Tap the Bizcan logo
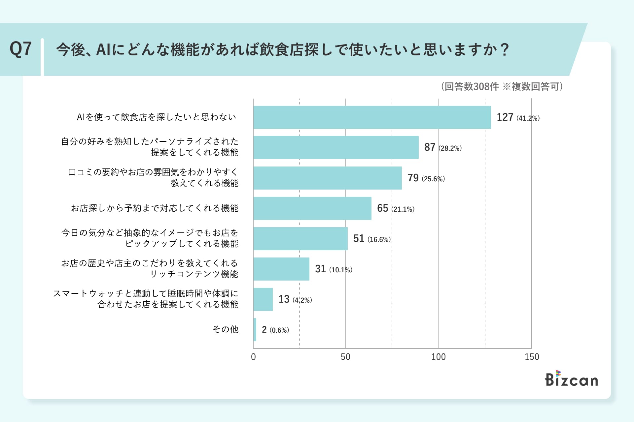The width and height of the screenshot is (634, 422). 571,379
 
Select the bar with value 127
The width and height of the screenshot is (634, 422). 372,117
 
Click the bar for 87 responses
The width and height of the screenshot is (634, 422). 336,147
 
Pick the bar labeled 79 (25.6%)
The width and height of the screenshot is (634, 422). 327,178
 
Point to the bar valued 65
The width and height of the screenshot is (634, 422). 312,208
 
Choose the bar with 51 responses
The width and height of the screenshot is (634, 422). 300,239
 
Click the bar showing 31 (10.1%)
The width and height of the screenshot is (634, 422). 281,269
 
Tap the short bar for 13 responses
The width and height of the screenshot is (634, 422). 263,299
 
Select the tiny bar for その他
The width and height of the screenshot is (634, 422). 255,330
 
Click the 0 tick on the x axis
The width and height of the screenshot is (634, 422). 253,357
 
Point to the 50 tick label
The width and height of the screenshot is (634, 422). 345,357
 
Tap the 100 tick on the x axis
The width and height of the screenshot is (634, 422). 438,357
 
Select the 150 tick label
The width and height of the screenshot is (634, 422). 532,357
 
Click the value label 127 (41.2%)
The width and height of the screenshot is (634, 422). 518,117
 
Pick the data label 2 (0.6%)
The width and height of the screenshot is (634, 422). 275,330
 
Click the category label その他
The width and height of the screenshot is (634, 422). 225,329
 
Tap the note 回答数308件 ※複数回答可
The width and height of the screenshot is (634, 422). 502,87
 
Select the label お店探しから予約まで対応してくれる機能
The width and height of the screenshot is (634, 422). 155,208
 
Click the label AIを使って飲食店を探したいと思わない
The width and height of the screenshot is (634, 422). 157,117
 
